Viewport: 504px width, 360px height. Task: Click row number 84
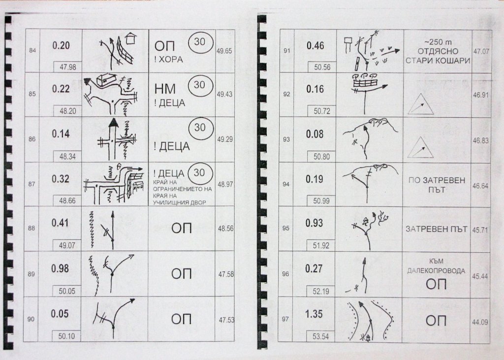(x=32, y=51)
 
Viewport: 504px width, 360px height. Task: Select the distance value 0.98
(x=60, y=268)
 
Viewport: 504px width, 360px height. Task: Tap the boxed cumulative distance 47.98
(x=68, y=67)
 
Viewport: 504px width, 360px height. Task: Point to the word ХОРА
(x=171, y=59)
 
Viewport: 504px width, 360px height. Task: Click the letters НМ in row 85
(x=165, y=89)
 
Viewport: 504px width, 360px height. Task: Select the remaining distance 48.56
(x=225, y=229)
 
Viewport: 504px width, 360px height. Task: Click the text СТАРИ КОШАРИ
(x=438, y=61)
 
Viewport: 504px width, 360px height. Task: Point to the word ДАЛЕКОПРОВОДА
(x=436, y=271)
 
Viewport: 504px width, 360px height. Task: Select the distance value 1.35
(x=314, y=314)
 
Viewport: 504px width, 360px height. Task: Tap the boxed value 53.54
(x=320, y=336)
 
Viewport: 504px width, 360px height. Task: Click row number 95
(x=286, y=228)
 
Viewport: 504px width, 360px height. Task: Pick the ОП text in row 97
(x=436, y=321)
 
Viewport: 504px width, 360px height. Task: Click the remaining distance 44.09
(x=480, y=322)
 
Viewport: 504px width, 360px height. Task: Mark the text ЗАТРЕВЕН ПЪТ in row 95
(x=436, y=229)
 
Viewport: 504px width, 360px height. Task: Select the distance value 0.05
(x=60, y=314)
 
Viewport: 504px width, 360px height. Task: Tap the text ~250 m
(x=438, y=42)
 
